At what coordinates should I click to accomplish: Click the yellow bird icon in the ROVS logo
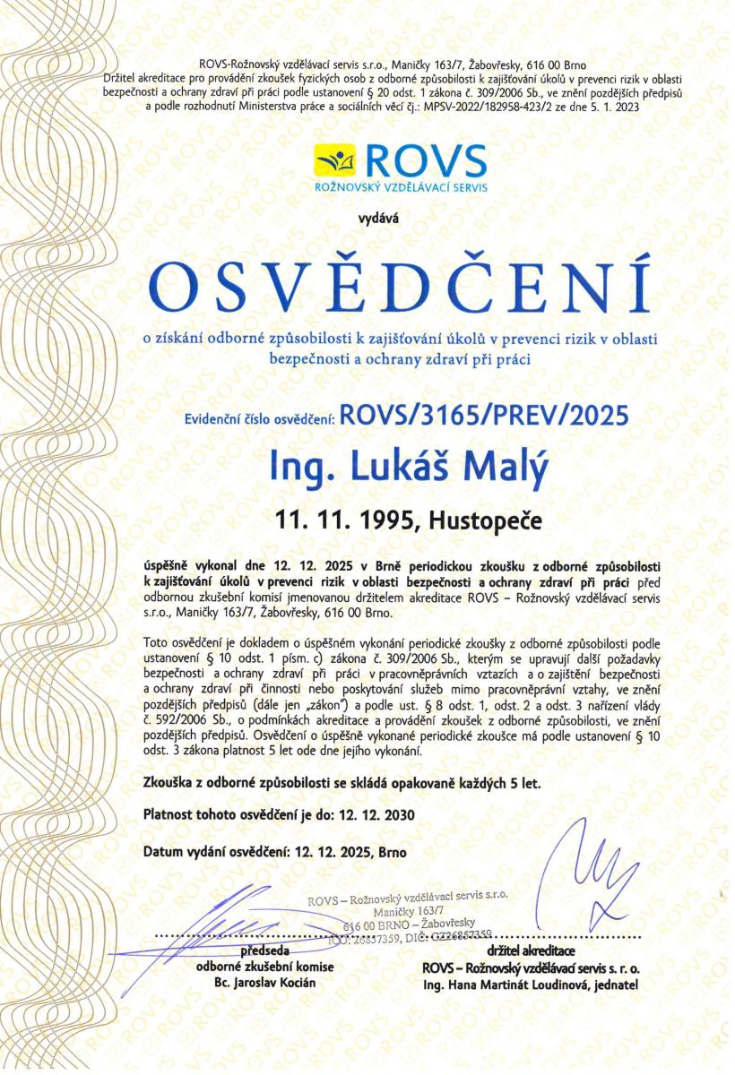[x=334, y=160]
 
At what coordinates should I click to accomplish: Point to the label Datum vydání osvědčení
[x=215, y=853]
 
